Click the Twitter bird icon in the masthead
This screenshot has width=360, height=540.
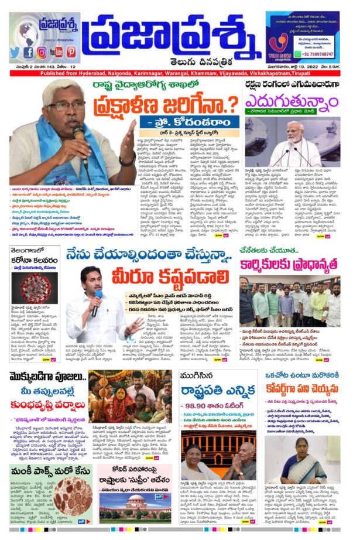click(15, 52)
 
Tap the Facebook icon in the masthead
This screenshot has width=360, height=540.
click(29, 52)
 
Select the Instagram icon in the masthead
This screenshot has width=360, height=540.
click(43, 52)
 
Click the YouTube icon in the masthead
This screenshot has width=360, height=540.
click(57, 52)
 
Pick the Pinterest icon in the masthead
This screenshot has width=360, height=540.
click(71, 52)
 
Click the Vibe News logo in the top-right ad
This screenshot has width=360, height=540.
click(281, 47)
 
